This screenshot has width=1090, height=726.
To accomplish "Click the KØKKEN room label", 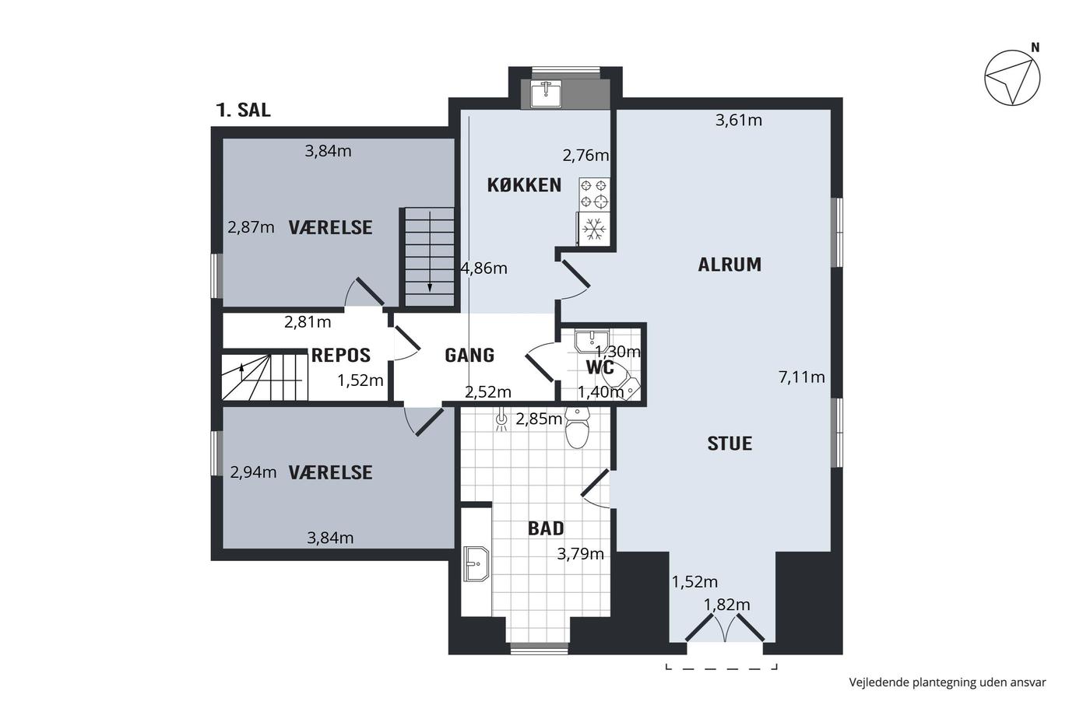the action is point(524,185).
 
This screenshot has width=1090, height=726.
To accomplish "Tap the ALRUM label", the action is point(730,265).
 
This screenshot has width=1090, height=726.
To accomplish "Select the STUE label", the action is point(730,444).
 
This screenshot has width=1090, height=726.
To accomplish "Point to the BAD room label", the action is point(546,528).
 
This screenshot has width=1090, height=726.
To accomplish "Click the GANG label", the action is point(469,356).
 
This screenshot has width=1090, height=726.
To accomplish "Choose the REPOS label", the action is point(341,356).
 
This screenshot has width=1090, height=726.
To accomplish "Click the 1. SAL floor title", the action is point(243,110).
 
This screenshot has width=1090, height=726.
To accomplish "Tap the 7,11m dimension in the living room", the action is point(801,377).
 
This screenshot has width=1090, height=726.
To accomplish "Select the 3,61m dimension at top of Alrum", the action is point(739,120).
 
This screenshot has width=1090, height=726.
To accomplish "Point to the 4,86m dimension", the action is point(484,268).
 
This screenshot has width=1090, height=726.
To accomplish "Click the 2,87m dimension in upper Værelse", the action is point(251,227).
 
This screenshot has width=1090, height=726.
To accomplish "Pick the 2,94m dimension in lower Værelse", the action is point(253,472).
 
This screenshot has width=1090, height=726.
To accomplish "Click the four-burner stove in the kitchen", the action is point(594,194).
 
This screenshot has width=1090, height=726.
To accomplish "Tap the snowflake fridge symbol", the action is point(593,229).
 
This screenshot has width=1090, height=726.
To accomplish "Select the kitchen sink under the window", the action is point(546,94).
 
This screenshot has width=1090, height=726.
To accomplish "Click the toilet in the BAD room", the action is point(577,427).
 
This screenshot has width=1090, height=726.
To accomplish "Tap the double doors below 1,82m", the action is point(725,628).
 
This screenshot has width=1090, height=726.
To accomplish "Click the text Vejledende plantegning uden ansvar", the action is point(948,682).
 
